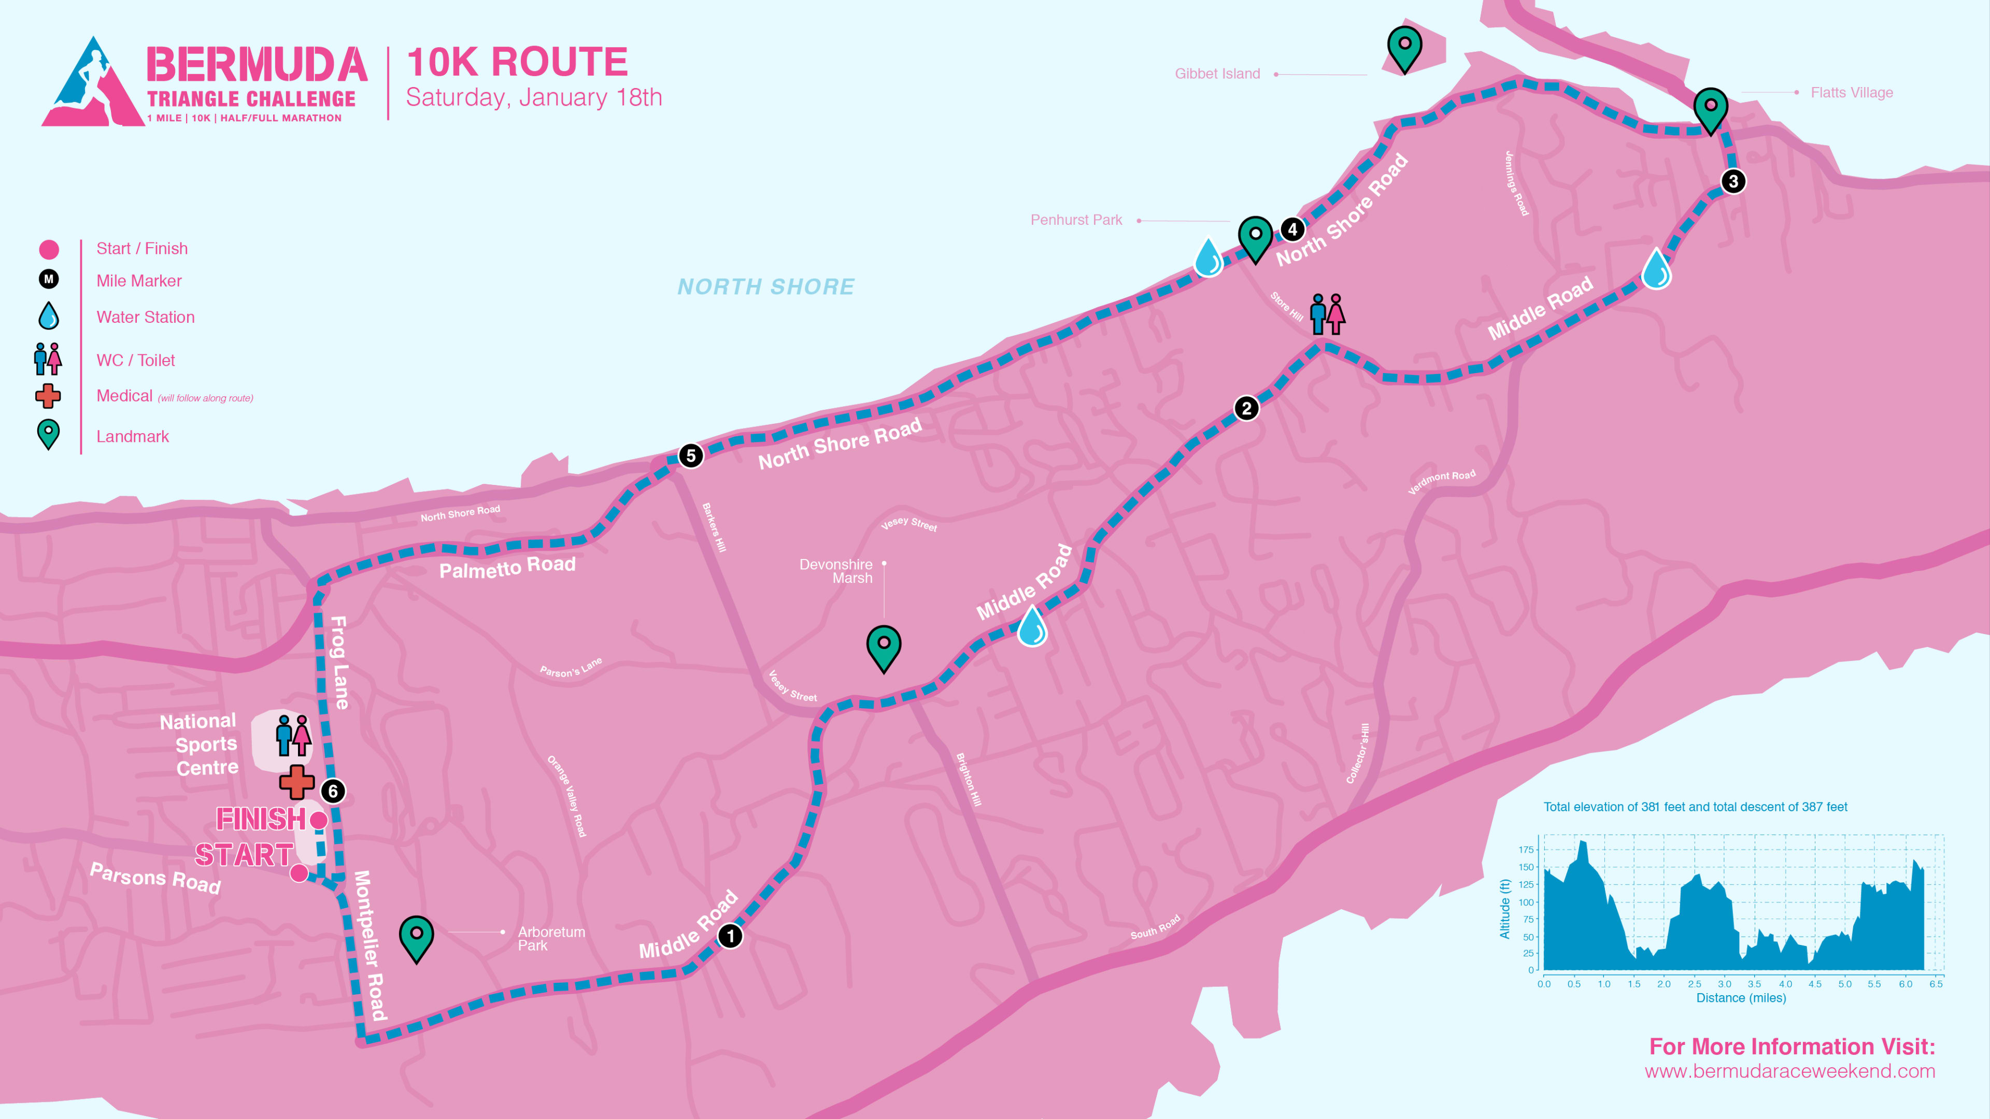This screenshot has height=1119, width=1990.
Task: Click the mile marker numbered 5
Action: [691, 456]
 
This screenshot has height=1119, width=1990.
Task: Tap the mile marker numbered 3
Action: [1733, 181]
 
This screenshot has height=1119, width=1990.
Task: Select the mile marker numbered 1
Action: [730, 936]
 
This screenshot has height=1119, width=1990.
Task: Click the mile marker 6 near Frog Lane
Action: [333, 791]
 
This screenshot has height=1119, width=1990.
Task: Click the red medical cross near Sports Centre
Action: [296, 782]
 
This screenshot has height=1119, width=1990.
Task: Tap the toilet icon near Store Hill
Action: [1327, 313]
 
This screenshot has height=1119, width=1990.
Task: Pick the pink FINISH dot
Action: [318, 820]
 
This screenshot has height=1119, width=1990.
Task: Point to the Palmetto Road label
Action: [507, 568]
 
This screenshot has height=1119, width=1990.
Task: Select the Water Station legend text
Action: [145, 318]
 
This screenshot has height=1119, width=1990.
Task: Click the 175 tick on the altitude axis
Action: [1526, 850]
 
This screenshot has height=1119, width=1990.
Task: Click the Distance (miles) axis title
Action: [1741, 998]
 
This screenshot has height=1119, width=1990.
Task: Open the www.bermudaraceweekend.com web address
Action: [1789, 1071]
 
